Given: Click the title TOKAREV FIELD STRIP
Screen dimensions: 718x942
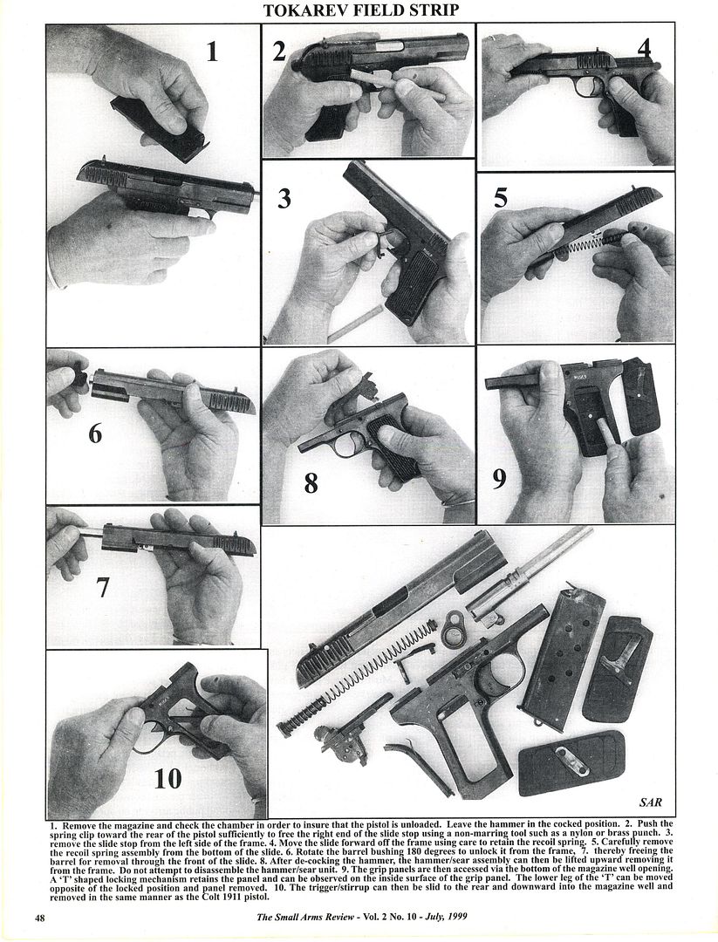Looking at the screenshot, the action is pyautogui.click(x=360, y=10).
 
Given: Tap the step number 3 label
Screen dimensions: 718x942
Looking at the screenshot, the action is pyautogui.click(x=284, y=198).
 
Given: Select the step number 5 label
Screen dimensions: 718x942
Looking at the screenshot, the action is pyautogui.click(x=501, y=197).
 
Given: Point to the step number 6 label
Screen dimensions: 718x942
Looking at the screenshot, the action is pyautogui.click(x=95, y=433).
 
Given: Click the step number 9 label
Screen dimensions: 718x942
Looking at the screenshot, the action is pyautogui.click(x=499, y=478).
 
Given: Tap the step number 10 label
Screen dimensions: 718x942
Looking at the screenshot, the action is pyautogui.click(x=168, y=779).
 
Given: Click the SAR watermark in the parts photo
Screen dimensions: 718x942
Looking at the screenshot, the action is pyautogui.click(x=650, y=802).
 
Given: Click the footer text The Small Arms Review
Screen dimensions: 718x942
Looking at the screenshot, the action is pyautogui.click(x=305, y=917).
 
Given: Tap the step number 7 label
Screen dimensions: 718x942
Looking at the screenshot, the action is pyautogui.click(x=103, y=587).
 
